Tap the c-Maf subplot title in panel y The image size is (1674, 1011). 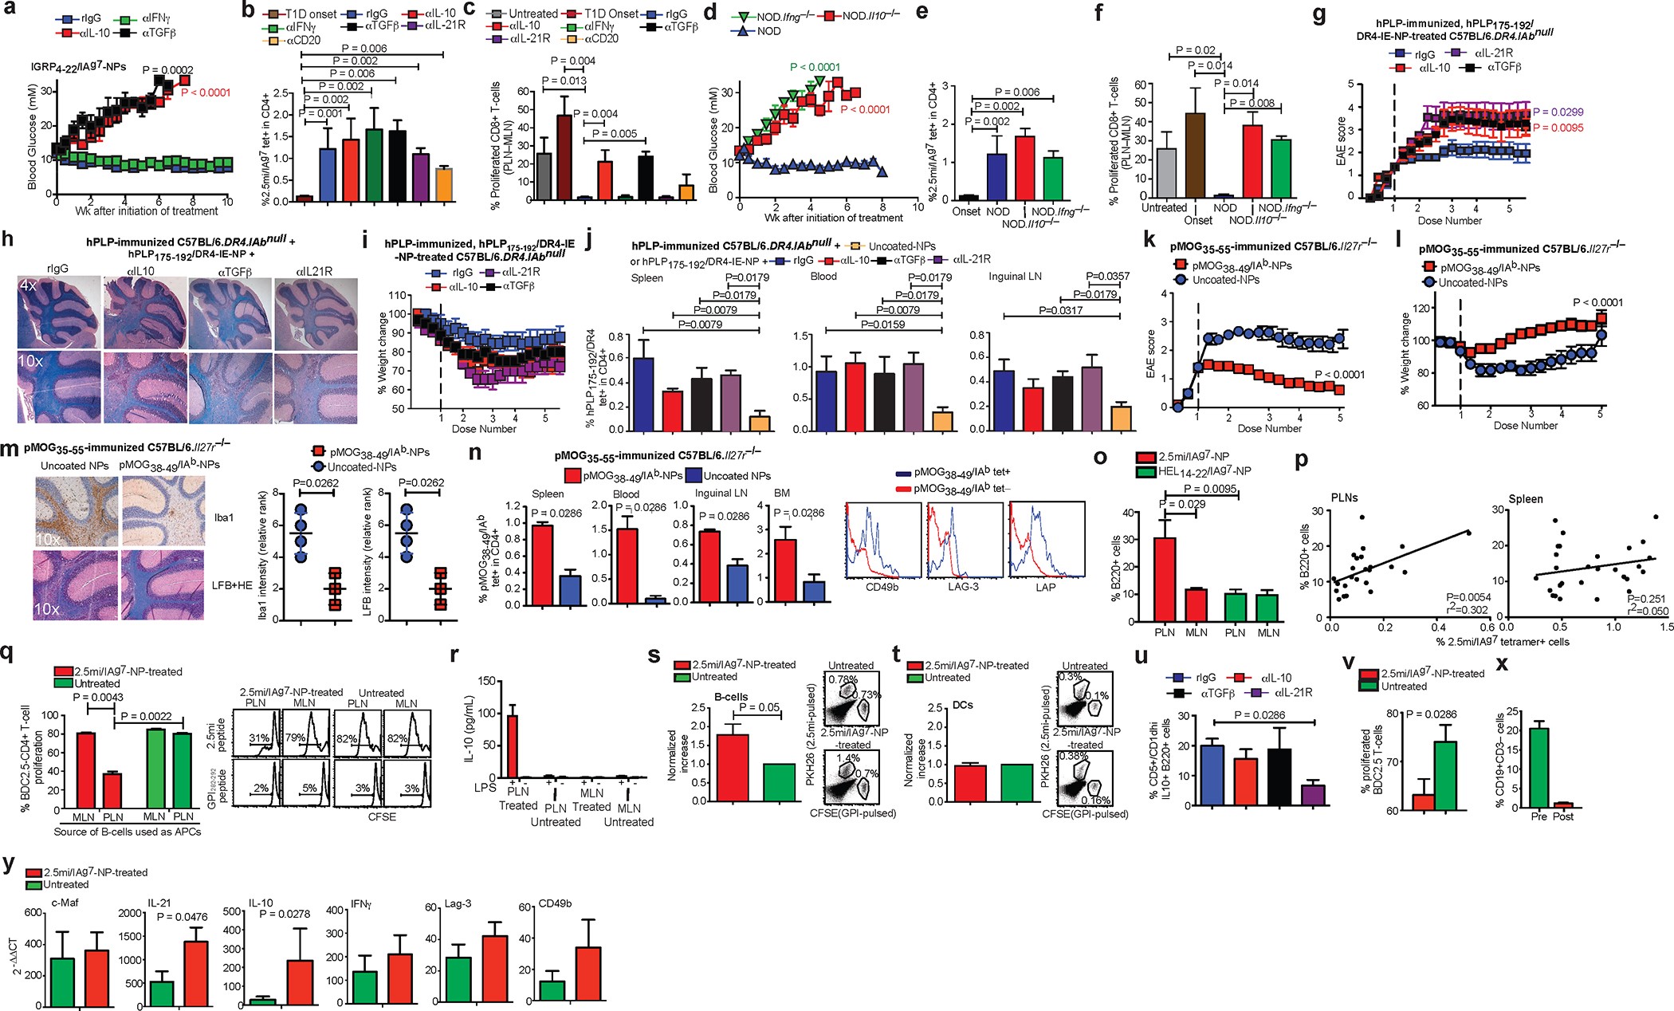pyautogui.click(x=64, y=903)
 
